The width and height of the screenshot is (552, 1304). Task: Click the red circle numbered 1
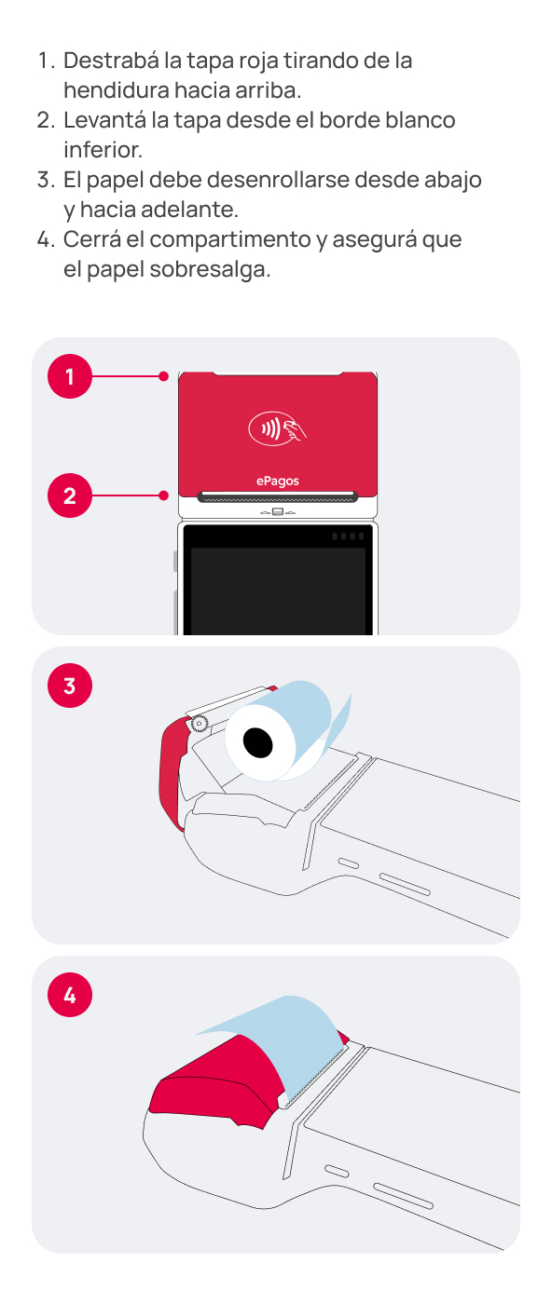point(70,376)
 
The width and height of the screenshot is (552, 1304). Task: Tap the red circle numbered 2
point(70,496)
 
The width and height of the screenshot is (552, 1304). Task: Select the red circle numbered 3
point(70,686)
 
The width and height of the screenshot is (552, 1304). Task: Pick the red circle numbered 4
point(70,995)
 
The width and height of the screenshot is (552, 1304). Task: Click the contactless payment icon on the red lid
point(278,428)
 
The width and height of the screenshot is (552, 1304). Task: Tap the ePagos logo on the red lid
point(278,481)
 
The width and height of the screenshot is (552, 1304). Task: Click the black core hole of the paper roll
point(257,743)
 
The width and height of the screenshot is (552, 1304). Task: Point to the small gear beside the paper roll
point(199,724)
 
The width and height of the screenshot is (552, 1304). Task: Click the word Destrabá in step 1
point(111,61)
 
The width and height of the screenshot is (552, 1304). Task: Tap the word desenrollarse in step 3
point(278,180)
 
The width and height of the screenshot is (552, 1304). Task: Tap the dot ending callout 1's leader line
point(164,376)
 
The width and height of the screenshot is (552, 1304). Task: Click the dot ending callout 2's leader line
point(164,496)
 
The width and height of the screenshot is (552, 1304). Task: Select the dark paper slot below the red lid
point(278,496)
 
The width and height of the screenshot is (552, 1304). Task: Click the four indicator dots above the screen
point(348,537)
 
